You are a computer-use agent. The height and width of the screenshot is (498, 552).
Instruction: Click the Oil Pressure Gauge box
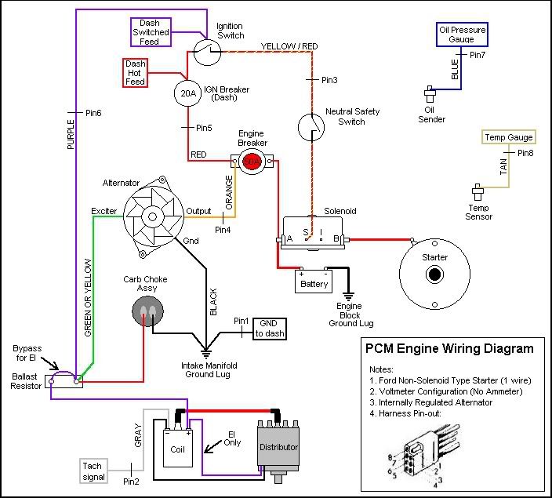point(461,35)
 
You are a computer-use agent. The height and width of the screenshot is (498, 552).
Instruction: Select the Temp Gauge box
point(507,138)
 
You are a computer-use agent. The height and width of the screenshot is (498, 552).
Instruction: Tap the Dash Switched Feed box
point(149,32)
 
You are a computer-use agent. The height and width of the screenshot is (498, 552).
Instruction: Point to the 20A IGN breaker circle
point(187,93)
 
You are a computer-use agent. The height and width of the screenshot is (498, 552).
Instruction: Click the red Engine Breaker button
point(252,162)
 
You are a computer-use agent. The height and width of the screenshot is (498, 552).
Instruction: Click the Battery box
point(313,283)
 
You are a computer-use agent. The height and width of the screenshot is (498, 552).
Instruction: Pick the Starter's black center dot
point(434,274)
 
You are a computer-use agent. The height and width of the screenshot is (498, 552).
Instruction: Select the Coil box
point(179,449)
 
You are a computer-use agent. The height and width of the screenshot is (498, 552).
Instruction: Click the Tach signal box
point(93,471)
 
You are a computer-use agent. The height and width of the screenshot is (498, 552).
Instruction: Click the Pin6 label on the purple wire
point(93,114)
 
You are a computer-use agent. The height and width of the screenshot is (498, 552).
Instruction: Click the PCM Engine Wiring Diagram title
point(449,348)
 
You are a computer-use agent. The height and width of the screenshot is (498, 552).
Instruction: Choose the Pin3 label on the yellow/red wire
point(329,80)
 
